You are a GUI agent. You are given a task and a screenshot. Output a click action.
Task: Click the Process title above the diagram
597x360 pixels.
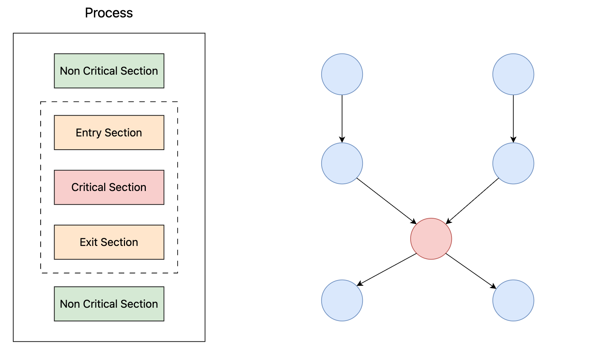109,13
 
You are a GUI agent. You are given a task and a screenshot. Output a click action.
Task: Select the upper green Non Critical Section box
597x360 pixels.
109,71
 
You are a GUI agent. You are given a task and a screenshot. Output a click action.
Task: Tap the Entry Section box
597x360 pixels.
109,133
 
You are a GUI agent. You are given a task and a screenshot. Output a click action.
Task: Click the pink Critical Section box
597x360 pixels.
109,188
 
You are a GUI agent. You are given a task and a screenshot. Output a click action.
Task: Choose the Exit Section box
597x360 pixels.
109,242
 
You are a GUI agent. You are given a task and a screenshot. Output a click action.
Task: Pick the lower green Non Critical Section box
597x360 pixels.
109,304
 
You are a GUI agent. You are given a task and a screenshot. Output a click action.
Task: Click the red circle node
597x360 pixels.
431,239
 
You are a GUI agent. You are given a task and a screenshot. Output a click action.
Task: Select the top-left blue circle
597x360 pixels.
342,74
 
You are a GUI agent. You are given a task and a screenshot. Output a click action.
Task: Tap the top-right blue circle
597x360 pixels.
513,74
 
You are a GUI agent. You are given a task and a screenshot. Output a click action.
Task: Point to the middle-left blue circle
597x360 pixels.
342,163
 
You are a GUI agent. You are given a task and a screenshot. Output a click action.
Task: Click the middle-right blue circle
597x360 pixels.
513,163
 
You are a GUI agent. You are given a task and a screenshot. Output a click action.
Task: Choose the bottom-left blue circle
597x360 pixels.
342,300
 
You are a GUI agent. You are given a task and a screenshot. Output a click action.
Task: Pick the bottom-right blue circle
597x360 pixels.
513,300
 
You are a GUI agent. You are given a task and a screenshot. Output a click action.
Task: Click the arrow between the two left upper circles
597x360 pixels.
342,119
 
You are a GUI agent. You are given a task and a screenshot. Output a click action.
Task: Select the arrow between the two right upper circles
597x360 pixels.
513,119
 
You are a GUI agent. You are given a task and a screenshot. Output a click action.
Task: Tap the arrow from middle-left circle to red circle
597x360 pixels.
386,201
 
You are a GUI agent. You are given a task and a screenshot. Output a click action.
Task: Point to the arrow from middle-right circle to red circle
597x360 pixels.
472,201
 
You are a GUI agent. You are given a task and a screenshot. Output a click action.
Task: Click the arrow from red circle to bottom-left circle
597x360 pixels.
386,269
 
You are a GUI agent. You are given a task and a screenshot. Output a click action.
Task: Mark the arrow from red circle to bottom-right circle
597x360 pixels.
471,271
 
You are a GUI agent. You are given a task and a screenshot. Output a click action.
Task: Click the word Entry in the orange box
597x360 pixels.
89,133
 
